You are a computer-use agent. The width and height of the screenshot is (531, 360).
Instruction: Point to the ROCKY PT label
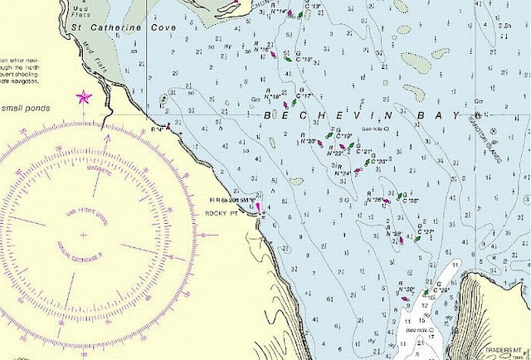pyautogui.click(x=221, y=213)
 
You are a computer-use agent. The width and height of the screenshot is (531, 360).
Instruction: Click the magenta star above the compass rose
pyautogui.click(x=83, y=97)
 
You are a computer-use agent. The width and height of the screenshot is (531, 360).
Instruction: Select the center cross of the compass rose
pyautogui.click(x=82, y=235)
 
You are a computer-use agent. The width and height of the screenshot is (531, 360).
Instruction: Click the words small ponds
pyautogui.click(x=25, y=108)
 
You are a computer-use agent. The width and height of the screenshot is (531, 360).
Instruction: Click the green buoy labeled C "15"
pyautogui.click(x=287, y=59)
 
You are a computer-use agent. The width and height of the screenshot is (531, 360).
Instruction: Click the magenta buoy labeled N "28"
pyautogui.click(x=402, y=240)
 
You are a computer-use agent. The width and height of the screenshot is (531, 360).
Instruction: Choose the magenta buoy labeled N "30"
pyautogui.click(x=413, y=294)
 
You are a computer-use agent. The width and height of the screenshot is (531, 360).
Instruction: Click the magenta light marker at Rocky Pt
pyautogui.click(x=258, y=207)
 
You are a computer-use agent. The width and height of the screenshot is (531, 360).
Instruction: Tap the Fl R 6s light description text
pyautogui.click(x=231, y=201)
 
